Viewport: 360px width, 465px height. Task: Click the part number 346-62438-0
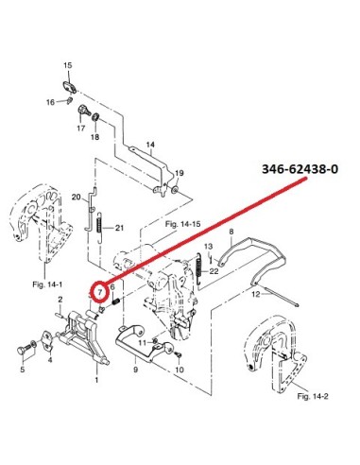click(x=300, y=169)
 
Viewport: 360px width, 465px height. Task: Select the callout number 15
click(x=68, y=65)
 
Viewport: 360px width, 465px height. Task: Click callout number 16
click(x=50, y=102)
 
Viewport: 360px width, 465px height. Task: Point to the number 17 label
click(x=81, y=128)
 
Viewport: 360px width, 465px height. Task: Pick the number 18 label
click(x=95, y=137)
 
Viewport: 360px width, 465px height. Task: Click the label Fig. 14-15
click(x=182, y=224)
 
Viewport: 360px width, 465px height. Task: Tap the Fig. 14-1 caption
click(x=47, y=284)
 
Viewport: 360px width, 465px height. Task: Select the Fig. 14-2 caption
click(x=313, y=396)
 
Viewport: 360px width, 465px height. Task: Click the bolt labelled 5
click(x=26, y=349)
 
